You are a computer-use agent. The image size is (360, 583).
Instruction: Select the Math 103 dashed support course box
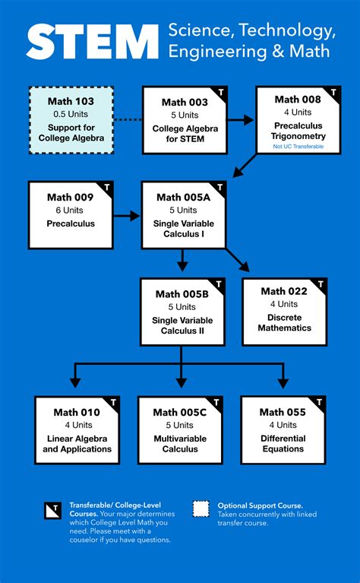pos(71,120)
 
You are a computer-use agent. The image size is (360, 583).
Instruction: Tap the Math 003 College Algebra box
pos(185,120)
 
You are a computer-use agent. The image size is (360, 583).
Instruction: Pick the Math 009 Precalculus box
pos(71,215)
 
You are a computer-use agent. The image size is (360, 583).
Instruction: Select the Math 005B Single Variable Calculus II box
pos(182,312)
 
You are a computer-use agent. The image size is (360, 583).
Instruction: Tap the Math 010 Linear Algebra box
pos(77,430)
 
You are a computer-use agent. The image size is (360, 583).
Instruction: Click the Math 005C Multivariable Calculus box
pos(180,430)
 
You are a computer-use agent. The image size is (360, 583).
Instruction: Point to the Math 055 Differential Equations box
pos(283,430)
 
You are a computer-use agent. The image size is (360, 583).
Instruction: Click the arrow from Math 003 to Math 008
pos(241,120)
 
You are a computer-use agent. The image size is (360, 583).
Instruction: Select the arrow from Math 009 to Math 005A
pos(128,216)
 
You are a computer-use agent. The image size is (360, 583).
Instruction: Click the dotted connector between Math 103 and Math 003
pos(128,120)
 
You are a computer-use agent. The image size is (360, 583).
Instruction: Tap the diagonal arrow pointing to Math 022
pos(240,261)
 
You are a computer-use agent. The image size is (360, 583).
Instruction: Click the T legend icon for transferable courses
pos(53,510)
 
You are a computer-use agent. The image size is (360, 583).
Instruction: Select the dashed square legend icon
pos(201,509)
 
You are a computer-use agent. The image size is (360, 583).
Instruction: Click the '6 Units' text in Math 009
pos(70,211)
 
